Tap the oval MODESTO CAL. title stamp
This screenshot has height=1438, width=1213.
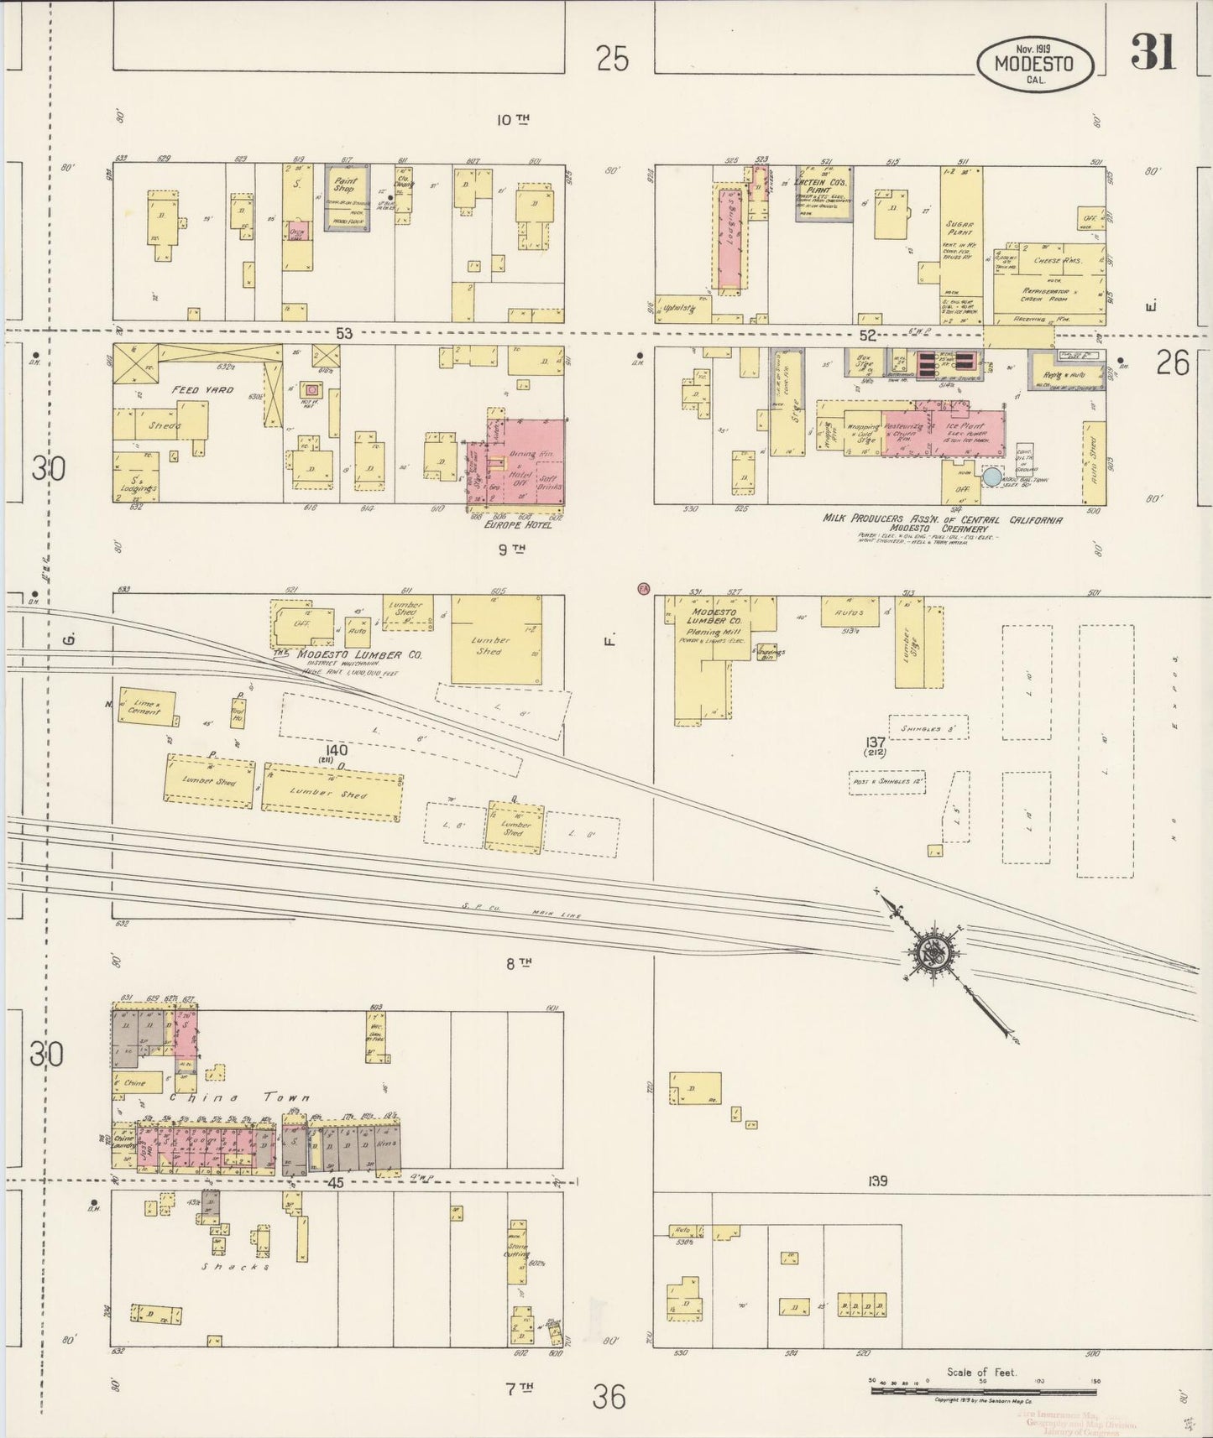pyautogui.click(x=1036, y=64)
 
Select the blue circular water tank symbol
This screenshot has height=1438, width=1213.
pyautogui.click(x=992, y=477)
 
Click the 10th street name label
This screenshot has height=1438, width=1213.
pyautogui.click(x=512, y=120)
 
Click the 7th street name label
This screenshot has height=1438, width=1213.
pyautogui.click(x=519, y=1388)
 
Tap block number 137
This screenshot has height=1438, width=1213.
pyautogui.click(x=876, y=742)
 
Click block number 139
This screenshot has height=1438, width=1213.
pyautogui.click(x=878, y=1181)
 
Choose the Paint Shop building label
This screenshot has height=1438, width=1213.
pyautogui.click(x=345, y=185)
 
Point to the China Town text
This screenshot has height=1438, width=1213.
pyautogui.click(x=241, y=1097)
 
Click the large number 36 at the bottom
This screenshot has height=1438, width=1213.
pyautogui.click(x=609, y=1397)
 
